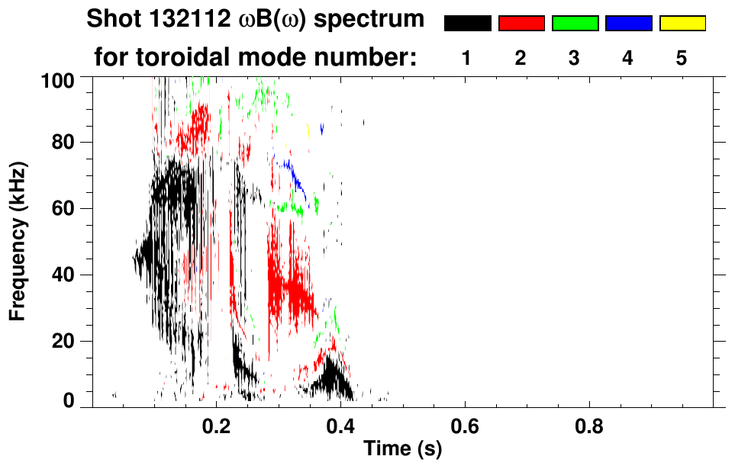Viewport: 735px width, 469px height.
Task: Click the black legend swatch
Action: [467, 24]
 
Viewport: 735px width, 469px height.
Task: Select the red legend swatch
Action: [521, 24]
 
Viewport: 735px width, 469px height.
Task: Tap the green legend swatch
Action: [575, 24]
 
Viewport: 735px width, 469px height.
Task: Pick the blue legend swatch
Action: [628, 24]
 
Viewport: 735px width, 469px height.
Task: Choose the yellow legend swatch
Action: [682, 24]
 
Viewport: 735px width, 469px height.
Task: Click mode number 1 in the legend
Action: [466, 58]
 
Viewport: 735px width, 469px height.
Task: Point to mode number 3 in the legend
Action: [575, 58]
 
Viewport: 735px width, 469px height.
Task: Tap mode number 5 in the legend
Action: [682, 58]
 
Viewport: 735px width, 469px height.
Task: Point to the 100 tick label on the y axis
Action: [59, 79]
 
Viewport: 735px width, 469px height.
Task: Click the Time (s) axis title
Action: [402, 449]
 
